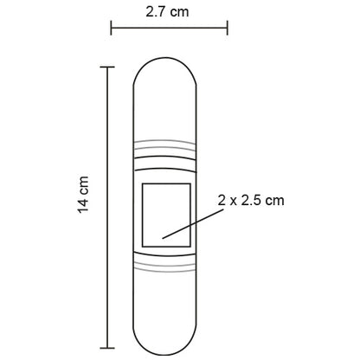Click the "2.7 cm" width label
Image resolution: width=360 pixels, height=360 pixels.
click(x=169, y=12)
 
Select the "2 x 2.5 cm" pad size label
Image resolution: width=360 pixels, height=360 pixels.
click(x=251, y=200)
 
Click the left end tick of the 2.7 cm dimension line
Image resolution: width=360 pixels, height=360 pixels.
click(x=111, y=29)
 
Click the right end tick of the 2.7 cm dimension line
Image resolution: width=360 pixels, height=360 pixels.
click(x=227, y=29)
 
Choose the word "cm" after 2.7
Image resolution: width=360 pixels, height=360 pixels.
click(x=182, y=12)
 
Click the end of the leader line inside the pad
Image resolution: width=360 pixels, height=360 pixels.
click(x=160, y=235)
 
